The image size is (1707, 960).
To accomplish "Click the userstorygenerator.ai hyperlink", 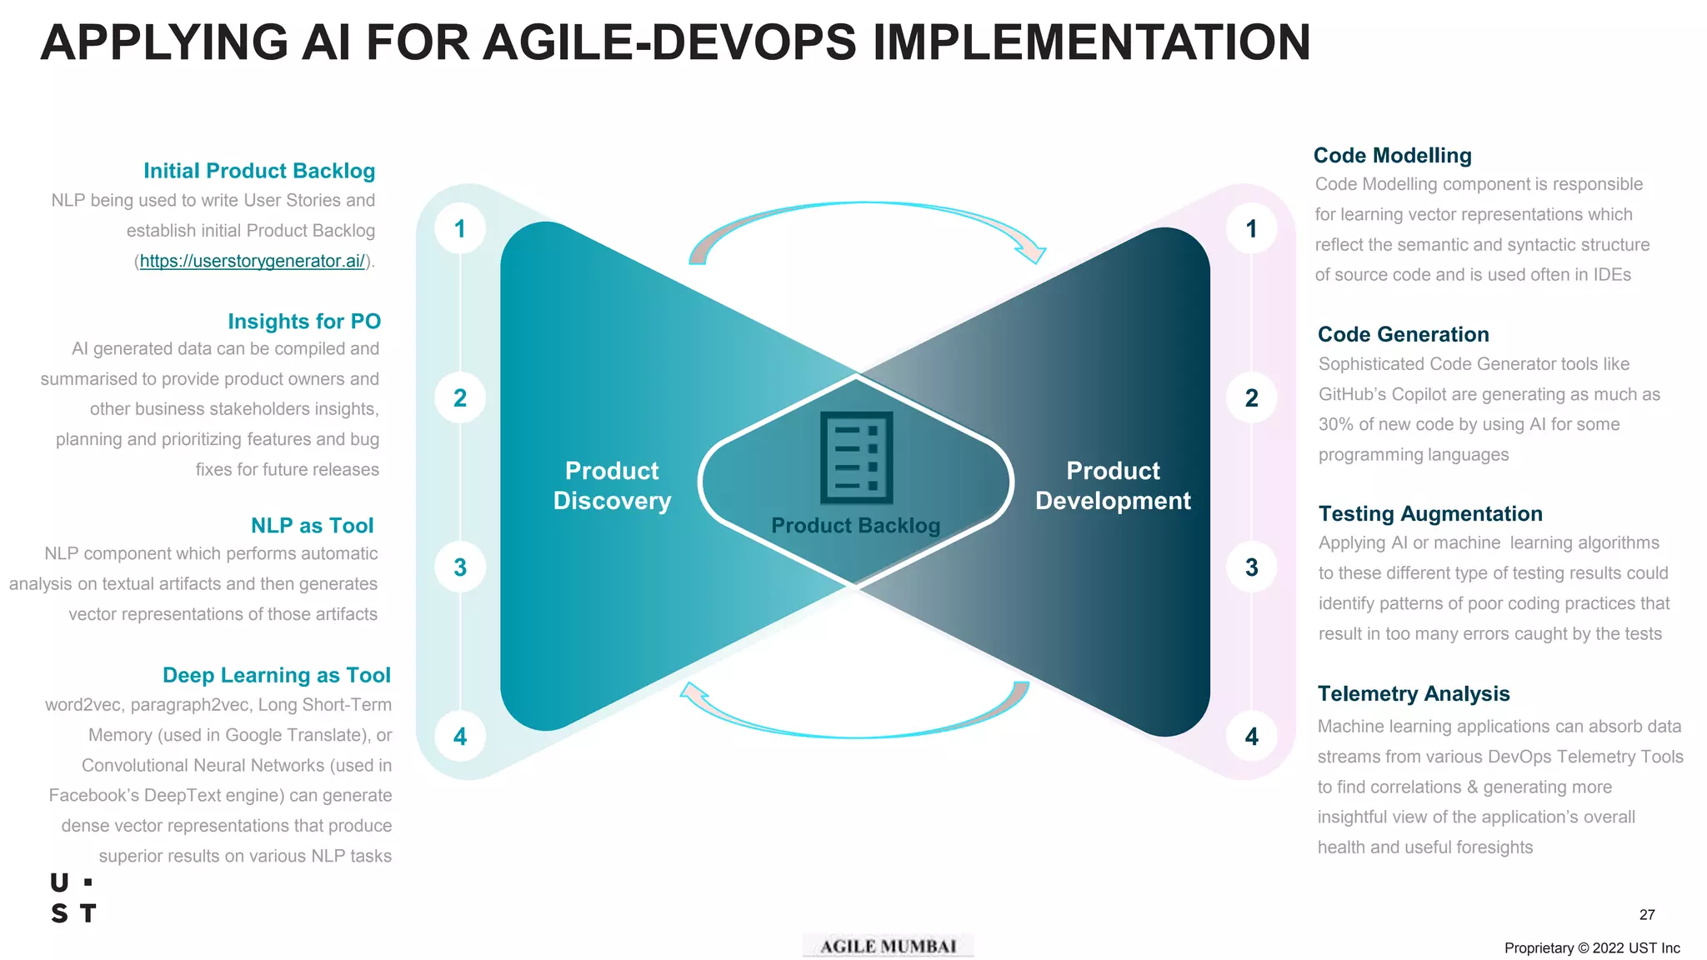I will tap(252, 261).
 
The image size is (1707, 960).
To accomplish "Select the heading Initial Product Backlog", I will tap(259, 171).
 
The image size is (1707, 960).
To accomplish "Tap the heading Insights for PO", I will tap(304, 322).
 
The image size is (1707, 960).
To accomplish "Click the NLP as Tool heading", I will tap(312, 526).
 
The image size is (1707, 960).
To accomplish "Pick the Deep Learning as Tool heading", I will tap(277, 675).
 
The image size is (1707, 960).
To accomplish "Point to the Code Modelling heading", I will tap(1392, 156).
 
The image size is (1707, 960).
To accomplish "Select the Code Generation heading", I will tap(1403, 334).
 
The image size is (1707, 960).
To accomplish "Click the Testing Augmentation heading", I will tap(1430, 514).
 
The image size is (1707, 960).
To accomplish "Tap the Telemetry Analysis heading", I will tap(1414, 693).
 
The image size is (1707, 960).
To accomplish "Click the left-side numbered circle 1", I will tap(460, 229).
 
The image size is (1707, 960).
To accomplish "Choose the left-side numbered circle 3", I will tap(460, 567).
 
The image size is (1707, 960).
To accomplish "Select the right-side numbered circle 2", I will tap(1251, 398).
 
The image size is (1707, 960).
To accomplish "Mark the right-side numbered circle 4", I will tap(1251, 737).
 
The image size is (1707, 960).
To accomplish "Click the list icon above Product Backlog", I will tap(856, 458).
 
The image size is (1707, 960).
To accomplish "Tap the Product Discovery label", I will tap(612, 486).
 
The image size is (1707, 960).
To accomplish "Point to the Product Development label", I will tap(1113, 486).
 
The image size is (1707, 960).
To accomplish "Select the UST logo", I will tap(73, 898).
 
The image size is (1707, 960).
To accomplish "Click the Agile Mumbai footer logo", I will tap(888, 946).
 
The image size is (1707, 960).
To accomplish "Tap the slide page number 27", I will tap(1647, 915).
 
